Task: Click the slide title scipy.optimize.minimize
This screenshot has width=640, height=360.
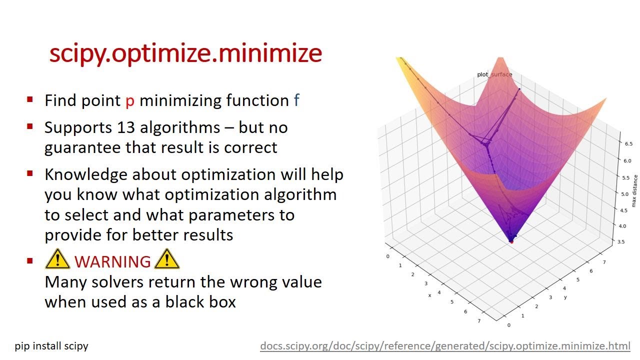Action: (x=185, y=53)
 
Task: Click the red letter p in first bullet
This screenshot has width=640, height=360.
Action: (x=130, y=101)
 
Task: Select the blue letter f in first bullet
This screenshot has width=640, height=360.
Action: (x=296, y=100)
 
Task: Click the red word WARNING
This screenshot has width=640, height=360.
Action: (x=112, y=261)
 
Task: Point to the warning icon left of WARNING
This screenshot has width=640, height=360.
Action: (x=57, y=259)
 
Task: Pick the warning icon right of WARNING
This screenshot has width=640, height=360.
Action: (x=167, y=259)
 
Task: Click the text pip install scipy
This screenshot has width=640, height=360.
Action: (x=51, y=345)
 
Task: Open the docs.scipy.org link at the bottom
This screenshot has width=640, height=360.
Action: (x=445, y=345)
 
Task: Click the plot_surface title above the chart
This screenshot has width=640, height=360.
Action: (x=494, y=74)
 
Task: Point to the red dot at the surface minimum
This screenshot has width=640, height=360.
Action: (x=511, y=241)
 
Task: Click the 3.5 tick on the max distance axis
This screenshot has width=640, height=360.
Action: (x=621, y=241)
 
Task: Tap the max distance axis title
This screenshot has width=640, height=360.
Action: (x=634, y=190)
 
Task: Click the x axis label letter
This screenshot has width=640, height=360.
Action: (x=429, y=295)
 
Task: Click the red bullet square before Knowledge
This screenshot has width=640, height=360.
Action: (x=30, y=174)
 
